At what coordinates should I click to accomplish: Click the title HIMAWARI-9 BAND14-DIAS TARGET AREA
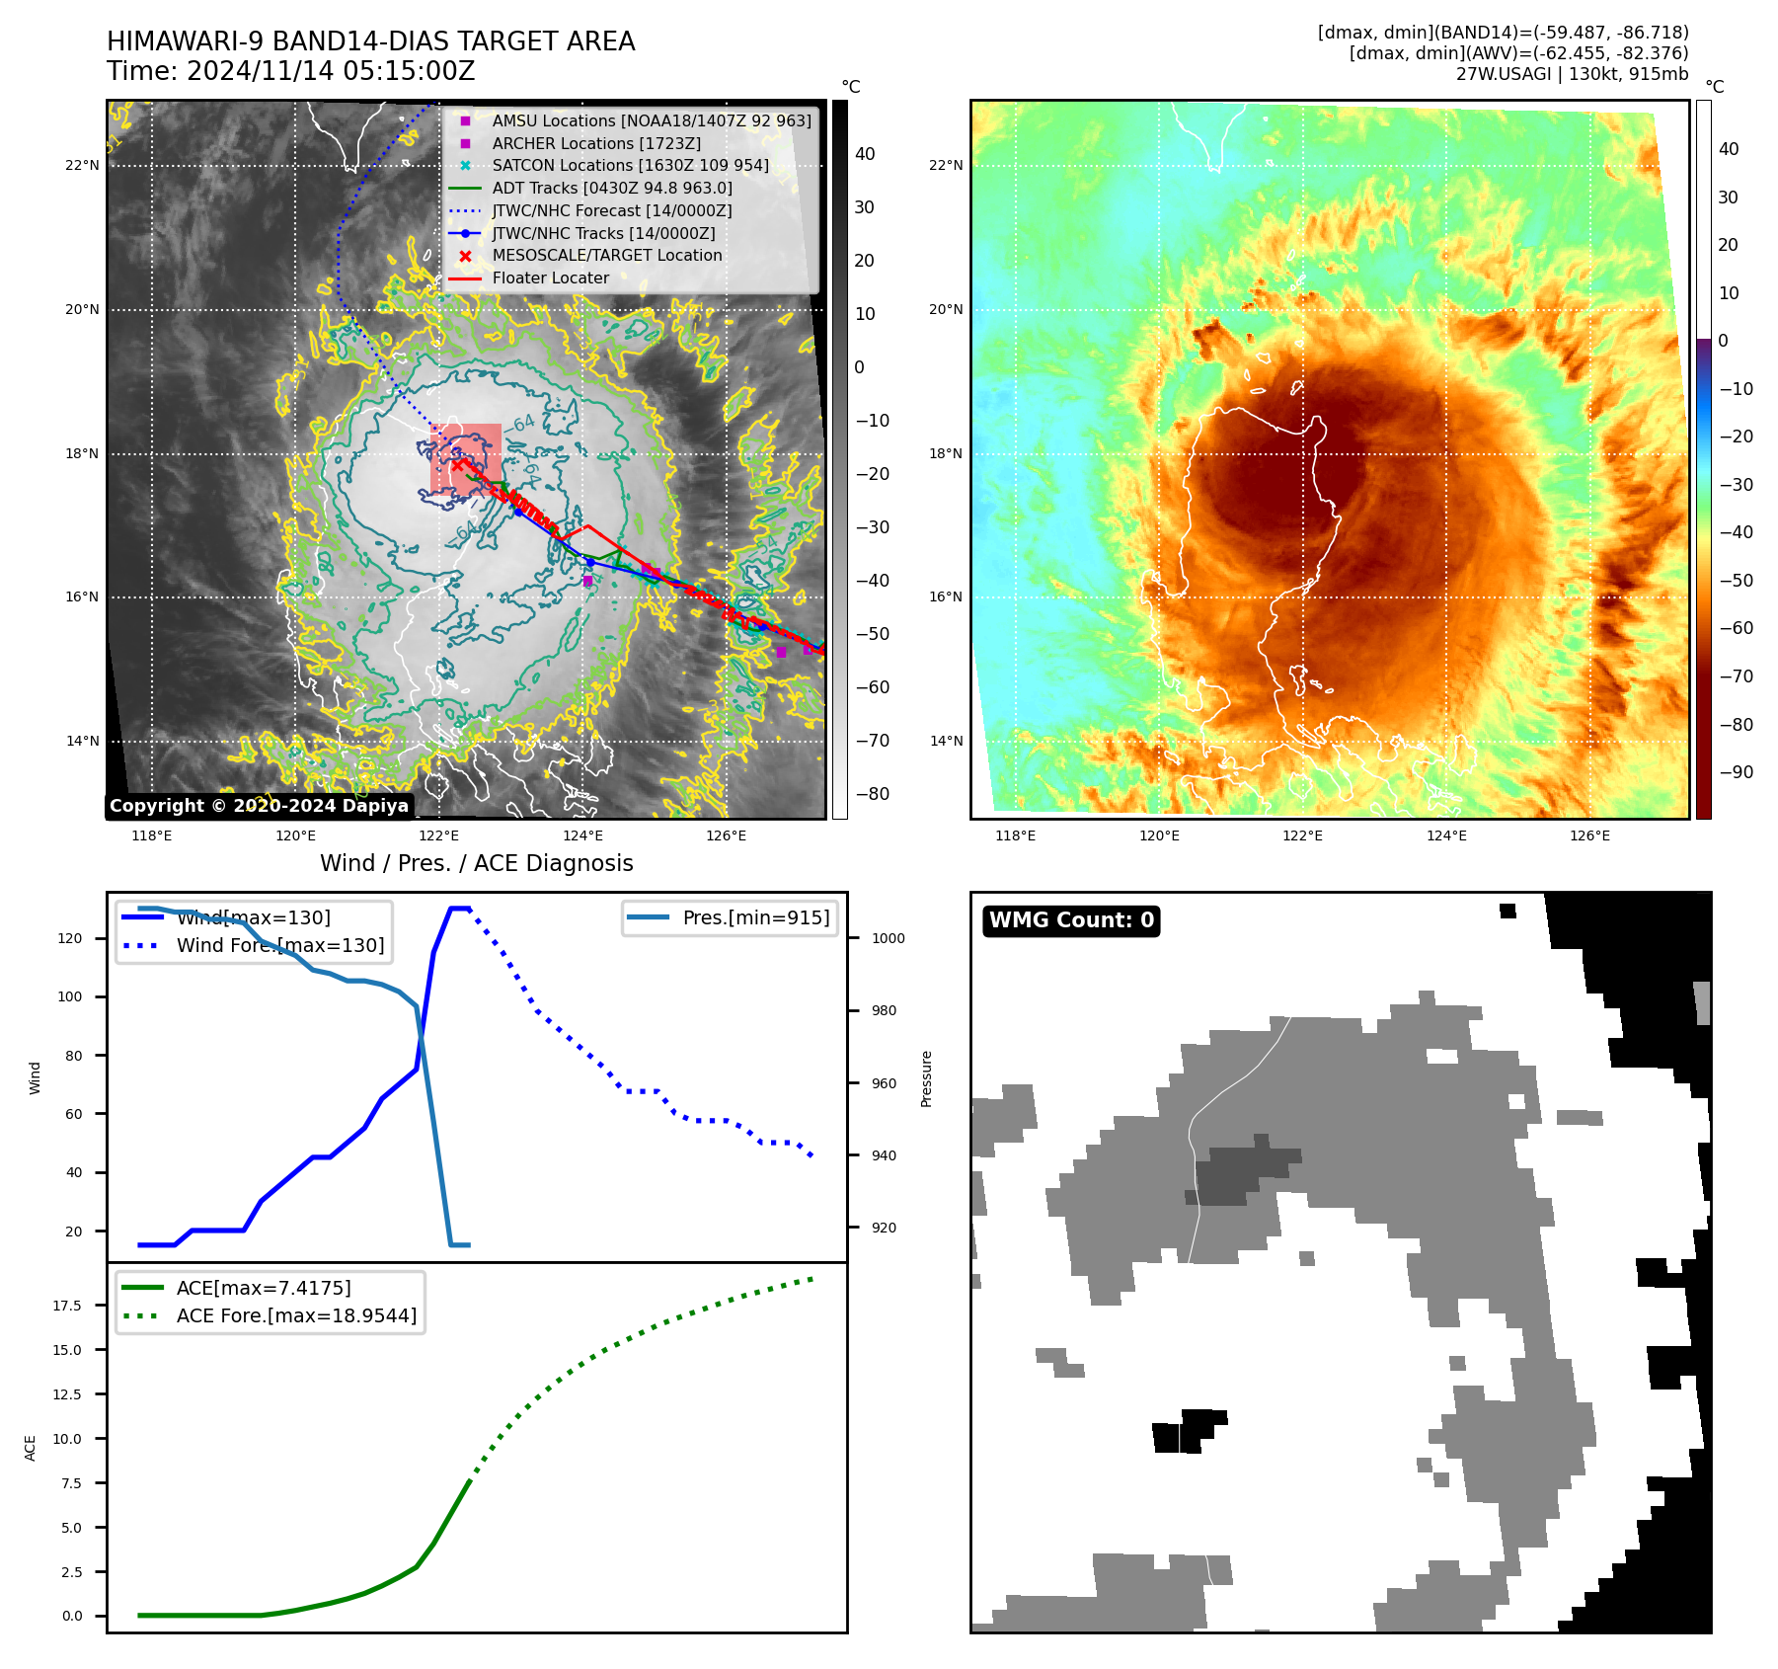click(370, 41)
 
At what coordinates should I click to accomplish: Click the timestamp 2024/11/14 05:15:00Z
click(330, 71)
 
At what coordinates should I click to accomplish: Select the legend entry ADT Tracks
click(611, 188)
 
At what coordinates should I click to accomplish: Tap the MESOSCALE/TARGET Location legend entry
click(606, 255)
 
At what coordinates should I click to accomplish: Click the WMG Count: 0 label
click(1071, 920)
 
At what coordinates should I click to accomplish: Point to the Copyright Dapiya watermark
click(259, 806)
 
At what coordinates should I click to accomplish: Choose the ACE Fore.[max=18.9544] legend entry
click(296, 1315)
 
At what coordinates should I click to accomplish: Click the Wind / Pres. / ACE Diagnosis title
click(476, 863)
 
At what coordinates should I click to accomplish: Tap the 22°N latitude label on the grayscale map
click(82, 165)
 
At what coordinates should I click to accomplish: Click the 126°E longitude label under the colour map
click(1589, 835)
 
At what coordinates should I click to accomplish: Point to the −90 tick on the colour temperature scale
click(1735, 772)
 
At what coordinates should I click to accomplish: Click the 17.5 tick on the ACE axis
click(67, 1306)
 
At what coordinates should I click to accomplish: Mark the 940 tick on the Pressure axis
click(884, 1155)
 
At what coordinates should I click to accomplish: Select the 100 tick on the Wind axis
click(70, 996)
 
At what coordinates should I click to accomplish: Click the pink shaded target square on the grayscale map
click(466, 459)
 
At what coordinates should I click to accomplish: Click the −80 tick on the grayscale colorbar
click(872, 794)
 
